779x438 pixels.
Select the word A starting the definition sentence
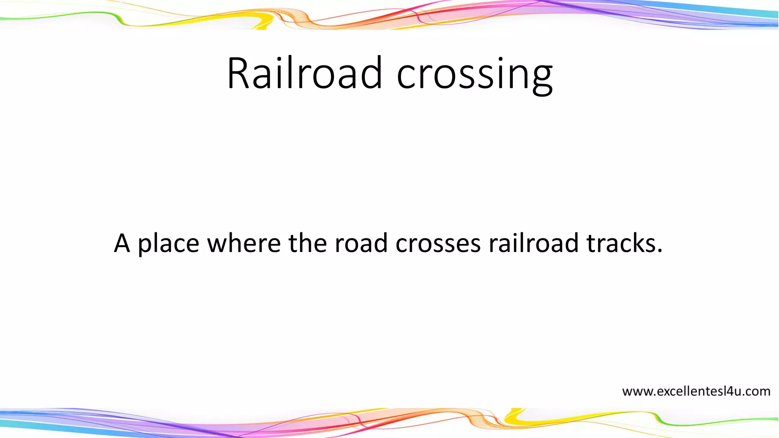(x=122, y=243)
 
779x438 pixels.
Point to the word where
(x=244, y=243)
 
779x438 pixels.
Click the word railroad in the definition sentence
(x=533, y=243)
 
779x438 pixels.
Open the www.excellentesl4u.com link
(x=696, y=391)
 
